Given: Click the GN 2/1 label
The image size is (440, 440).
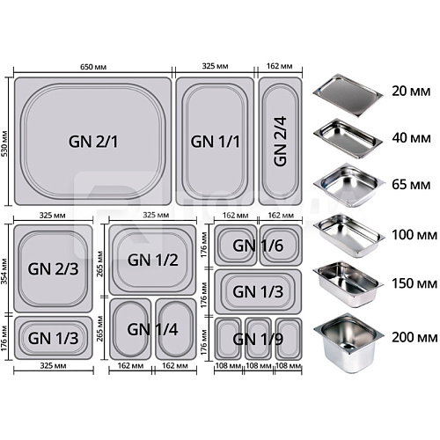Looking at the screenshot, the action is [93, 142].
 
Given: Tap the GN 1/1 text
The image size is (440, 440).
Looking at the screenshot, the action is [215, 142].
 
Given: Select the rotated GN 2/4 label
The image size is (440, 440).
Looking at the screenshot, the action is [280, 142].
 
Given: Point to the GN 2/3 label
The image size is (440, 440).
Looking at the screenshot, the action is [53, 268].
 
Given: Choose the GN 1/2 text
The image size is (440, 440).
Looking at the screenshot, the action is [152, 260].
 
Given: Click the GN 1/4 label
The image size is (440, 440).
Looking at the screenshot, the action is [152, 329].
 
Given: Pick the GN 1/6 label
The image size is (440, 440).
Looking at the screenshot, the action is [258, 246].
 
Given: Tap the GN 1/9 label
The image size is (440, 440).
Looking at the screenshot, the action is [258, 339].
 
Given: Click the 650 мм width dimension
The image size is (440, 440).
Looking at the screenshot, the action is [93, 67].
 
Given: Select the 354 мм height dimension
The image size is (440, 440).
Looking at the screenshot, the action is [4, 271].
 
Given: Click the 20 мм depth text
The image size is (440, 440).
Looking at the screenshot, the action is [411, 92].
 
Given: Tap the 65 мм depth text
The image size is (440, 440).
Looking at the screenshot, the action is [411, 185].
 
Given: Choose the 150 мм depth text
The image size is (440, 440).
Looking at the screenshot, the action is [414, 283].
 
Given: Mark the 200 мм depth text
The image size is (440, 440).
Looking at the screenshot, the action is [414, 337].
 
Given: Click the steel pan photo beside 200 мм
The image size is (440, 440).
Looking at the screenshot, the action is [348, 342].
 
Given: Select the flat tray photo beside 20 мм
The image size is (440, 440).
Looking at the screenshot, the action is [348, 94].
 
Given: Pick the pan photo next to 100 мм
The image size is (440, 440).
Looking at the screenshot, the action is [348, 236].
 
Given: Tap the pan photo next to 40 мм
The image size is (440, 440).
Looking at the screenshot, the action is [348, 138].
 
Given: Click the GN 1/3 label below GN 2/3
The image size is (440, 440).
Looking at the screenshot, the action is [53, 338].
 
